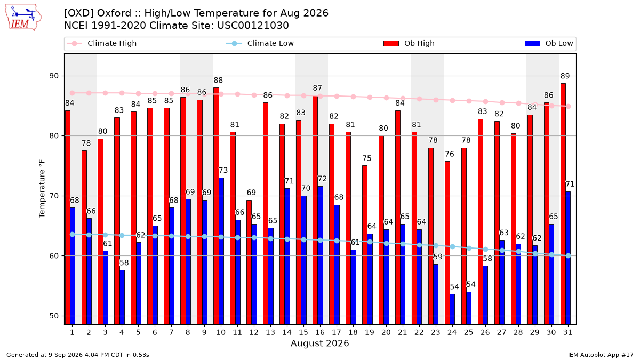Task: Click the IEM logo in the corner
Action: coord(23,18)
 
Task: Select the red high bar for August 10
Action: coord(217,206)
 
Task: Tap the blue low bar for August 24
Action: coord(452,309)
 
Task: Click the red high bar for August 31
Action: coord(563,204)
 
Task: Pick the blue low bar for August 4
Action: coord(122,297)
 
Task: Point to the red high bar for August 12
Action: coord(249,262)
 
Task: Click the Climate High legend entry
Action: coord(102,43)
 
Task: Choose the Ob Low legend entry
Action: coord(549,43)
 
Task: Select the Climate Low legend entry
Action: coord(260,43)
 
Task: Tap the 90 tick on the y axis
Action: coord(54,76)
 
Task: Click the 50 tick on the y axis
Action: coord(54,316)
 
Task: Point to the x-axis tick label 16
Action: coord(320,332)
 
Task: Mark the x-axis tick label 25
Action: coord(469,332)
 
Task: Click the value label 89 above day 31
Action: coord(565,76)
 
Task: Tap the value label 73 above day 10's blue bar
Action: coord(223,170)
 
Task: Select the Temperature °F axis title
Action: coord(42,189)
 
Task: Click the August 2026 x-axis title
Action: coord(319,343)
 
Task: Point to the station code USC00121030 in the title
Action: coord(253,26)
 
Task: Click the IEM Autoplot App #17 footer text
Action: coord(601,355)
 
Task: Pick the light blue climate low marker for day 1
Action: coord(73,234)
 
